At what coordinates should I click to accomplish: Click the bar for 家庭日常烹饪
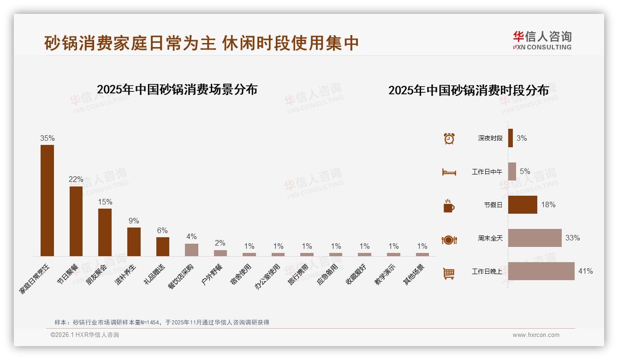pyautogui.click(x=47, y=200)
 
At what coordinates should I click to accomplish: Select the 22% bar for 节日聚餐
pyautogui.click(x=76, y=221)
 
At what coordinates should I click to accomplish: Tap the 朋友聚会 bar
pyautogui.click(x=105, y=232)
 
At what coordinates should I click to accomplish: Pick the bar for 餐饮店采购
pyautogui.click(x=191, y=250)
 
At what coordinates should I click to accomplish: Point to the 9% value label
pyautogui.click(x=134, y=221)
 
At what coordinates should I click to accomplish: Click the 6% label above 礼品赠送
pyautogui.click(x=162, y=231)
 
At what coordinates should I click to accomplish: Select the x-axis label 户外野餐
pyautogui.click(x=212, y=275)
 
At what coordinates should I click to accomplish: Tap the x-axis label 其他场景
pyautogui.click(x=414, y=275)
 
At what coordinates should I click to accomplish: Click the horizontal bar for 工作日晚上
pyautogui.click(x=541, y=271)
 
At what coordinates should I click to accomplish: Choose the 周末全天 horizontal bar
pyautogui.click(x=535, y=238)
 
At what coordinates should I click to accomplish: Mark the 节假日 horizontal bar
pyautogui.click(x=523, y=204)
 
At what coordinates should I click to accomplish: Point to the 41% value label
pyautogui.click(x=585, y=271)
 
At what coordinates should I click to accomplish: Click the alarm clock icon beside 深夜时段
pyautogui.click(x=449, y=138)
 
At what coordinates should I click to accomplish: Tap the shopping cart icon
pyautogui.click(x=449, y=273)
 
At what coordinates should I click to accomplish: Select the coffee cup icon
pyautogui.click(x=449, y=206)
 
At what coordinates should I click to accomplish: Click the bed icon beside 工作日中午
pyautogui.click(x=449, y=172)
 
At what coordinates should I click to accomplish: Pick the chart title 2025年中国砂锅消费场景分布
pyautogui.click(x=177, y=90)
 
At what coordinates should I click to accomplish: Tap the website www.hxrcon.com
pyautogui.click(x=536, y=335)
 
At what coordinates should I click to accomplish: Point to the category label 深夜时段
pyautogui.click(x=490, y=138)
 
